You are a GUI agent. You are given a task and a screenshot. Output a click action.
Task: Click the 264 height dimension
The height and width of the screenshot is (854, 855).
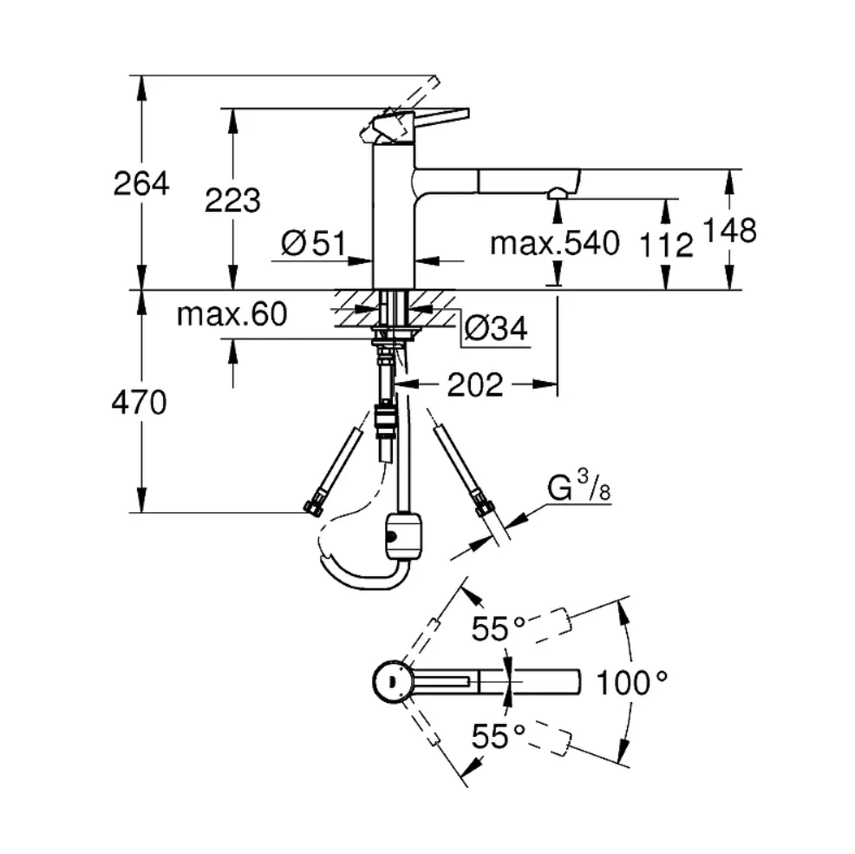tap(141, 183)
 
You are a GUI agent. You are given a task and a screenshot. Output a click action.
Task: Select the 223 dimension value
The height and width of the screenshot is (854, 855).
tap(233, 200)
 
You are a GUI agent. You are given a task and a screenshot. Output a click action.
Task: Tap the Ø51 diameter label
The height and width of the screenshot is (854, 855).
tap(314, 243)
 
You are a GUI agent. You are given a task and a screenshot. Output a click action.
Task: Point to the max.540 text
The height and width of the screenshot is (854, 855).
tap(555, 243)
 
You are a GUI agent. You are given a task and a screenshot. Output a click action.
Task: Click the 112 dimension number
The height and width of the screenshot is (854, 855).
tap(666, 245)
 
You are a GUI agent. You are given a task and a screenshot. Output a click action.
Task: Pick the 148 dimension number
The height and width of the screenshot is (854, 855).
tap(730, 230)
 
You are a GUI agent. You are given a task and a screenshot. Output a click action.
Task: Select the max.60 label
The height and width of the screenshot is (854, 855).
tap(232, 314)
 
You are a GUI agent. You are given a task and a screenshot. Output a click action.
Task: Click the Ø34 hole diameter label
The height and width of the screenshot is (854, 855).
tap(496, 329)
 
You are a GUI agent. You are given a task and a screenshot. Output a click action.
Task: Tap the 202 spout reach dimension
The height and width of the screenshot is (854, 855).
tap(475, 385)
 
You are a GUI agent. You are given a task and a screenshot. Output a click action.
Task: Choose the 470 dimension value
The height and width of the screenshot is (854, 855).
tap(139, 403)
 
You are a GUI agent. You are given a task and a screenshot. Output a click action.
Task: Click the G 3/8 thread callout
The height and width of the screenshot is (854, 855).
tap(579, 486)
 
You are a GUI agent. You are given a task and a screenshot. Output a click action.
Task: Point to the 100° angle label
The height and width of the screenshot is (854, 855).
tap(632, 682)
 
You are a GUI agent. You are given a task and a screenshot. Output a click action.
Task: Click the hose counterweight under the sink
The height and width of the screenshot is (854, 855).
tap(404, 535)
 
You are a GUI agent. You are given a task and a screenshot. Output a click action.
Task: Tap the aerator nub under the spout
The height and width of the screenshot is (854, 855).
tap(557, 193)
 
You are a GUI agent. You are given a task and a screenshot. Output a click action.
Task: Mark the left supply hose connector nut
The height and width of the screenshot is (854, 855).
tap(314, 505)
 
